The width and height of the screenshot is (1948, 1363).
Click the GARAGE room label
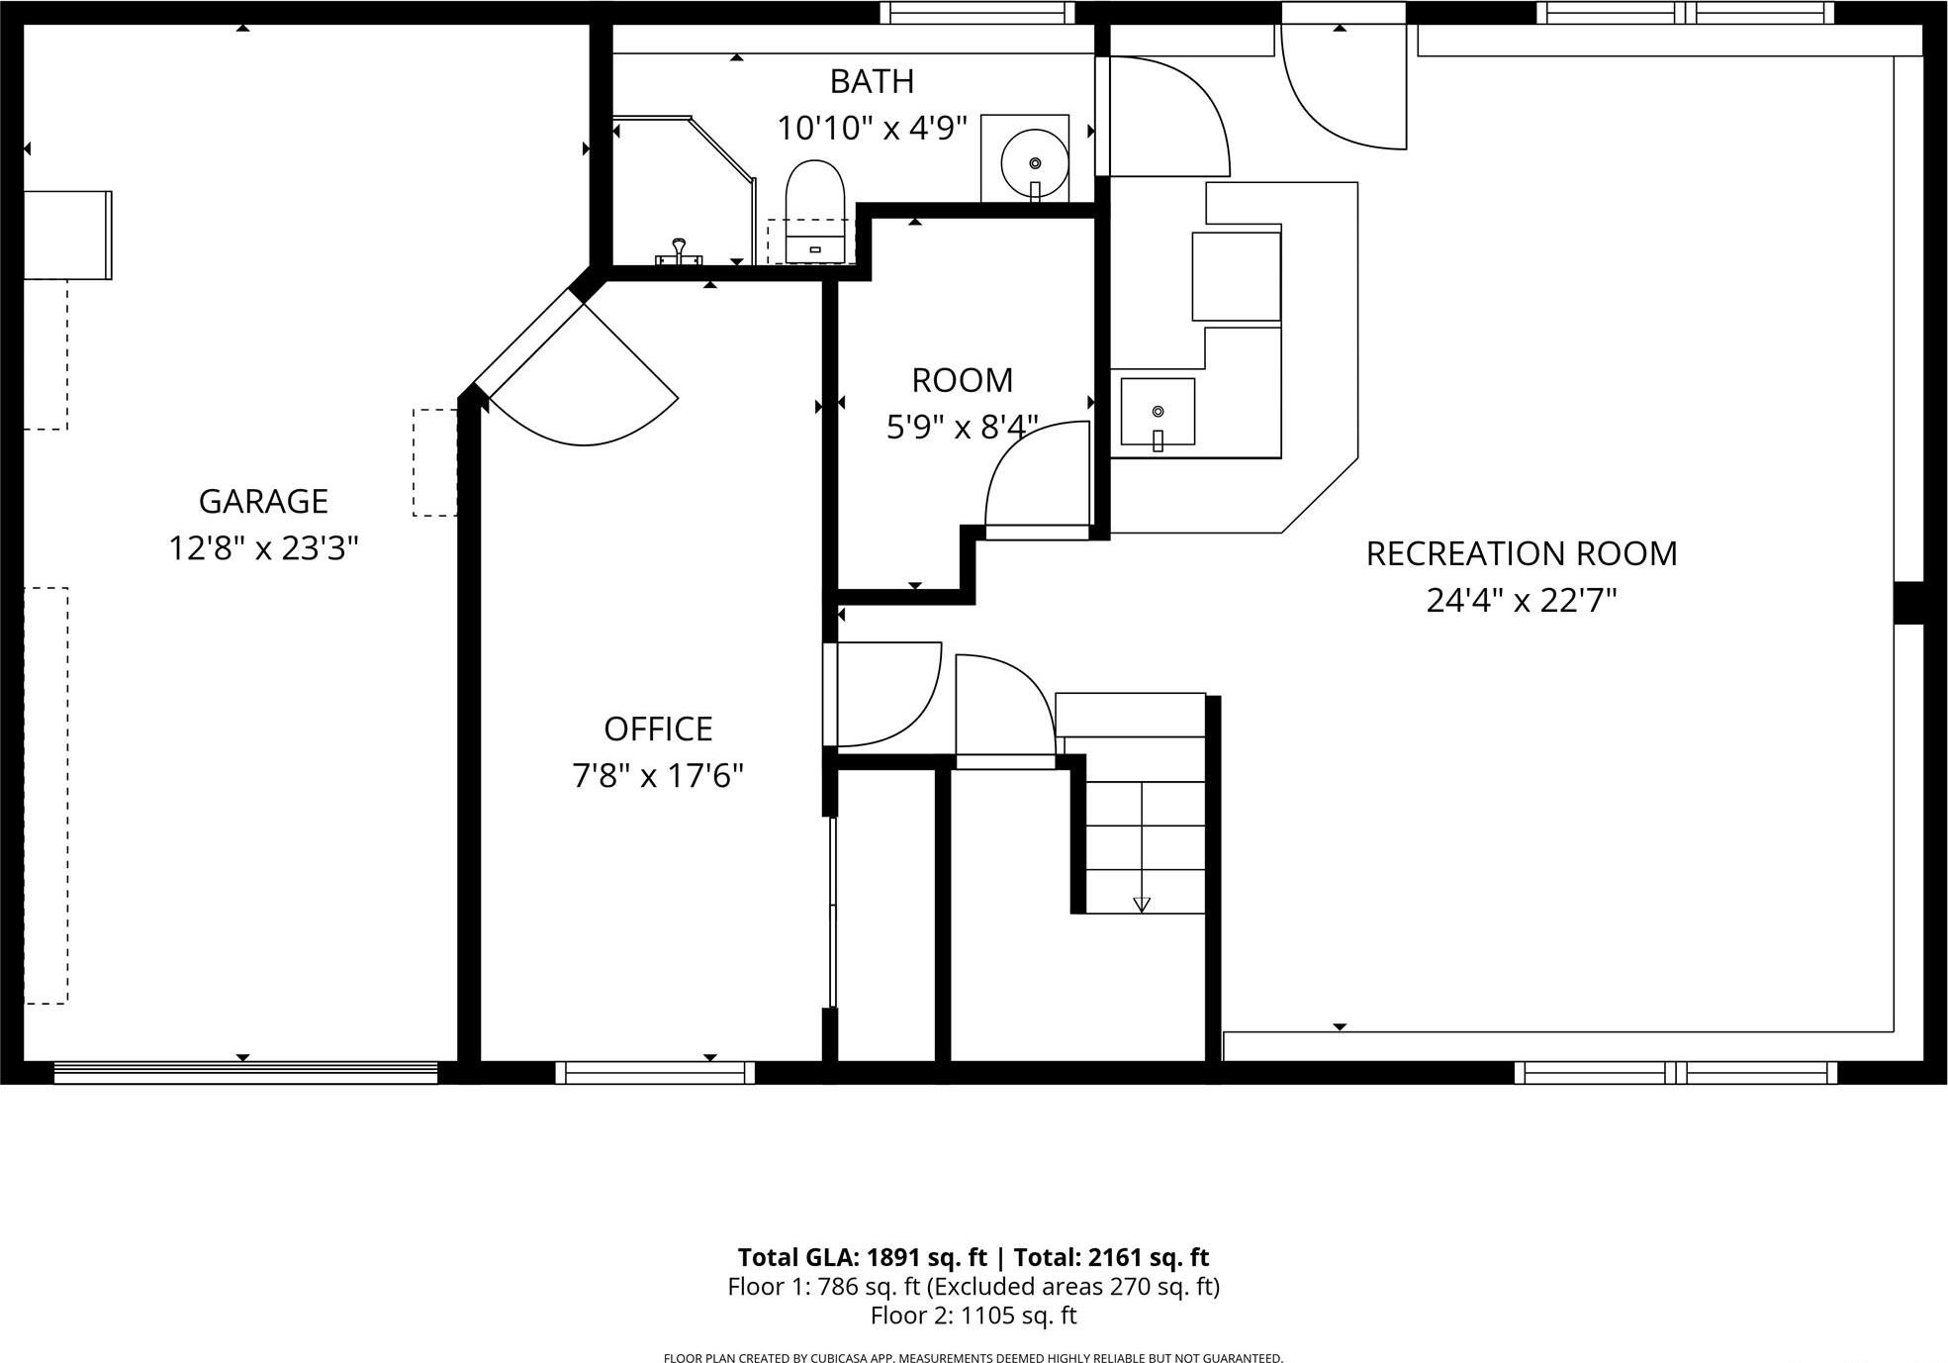[263, 501]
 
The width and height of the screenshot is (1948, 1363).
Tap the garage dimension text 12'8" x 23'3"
[263, 547]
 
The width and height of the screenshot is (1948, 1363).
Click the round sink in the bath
[1035, 162]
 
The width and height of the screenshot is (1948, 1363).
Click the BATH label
[872, 81]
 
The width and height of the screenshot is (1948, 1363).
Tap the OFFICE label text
[658, 729]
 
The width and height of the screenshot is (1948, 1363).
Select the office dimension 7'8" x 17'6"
[658, 775]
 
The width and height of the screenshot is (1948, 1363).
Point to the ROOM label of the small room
[962, 380]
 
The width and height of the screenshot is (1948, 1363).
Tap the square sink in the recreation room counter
[1158, 412]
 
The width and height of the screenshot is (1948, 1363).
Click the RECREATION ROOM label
[1521, 553]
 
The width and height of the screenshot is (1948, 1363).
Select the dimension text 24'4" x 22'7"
[1521, 600]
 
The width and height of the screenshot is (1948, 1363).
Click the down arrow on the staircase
[1142, 904]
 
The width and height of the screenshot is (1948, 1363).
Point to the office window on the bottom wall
[655, 1073]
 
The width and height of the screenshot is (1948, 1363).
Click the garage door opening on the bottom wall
[245, 1073]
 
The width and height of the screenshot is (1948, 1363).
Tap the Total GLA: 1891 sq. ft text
[862, 1257]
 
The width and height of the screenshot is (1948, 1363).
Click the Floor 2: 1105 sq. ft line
[974, 1315]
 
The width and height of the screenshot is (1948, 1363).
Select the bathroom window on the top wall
[977, 12]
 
